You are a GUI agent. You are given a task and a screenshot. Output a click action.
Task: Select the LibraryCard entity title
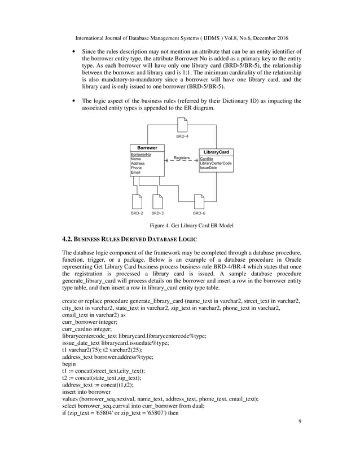tap(217, 153)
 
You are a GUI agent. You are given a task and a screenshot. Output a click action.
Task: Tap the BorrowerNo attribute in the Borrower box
tap(141, 154)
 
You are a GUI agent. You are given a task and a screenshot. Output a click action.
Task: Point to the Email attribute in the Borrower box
tap(136, 172)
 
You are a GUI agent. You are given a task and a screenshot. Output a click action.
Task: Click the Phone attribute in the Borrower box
tap(137, 168)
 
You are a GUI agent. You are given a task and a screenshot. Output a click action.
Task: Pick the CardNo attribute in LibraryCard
tap(207, 159)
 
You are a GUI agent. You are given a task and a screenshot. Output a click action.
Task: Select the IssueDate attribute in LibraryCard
tap(209, 168)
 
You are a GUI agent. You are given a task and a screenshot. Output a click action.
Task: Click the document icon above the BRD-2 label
tap(137, 201)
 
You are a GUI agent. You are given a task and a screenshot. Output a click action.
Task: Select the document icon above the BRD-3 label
tap(157, 201)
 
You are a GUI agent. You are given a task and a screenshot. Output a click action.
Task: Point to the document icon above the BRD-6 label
tap(199, 201)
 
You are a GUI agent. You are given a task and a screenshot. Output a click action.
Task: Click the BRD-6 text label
tap(199, 214)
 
